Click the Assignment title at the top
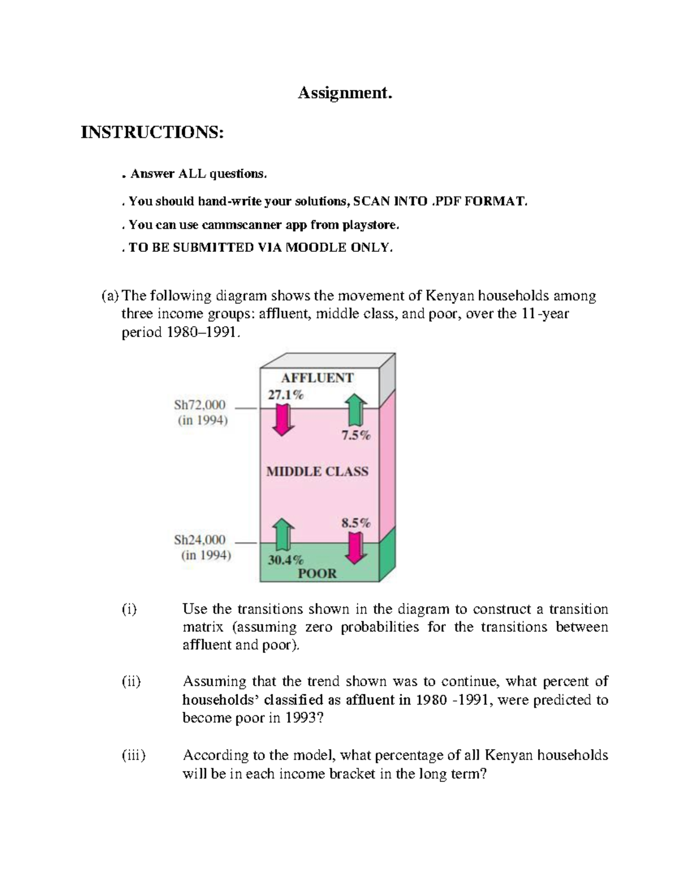coord(344,93)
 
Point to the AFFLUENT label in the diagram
coord(317,378)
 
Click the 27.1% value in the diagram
coord(285,395)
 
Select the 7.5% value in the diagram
coord(356,436)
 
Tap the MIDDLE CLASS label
coord(317,472)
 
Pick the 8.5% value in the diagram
coord(356,523)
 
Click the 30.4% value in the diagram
coord(286,559)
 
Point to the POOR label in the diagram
coord(317,573)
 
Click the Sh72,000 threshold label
coord(200,405)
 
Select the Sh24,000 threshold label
coord(200,540)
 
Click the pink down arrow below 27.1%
coord(283,420)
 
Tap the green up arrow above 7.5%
coord(356,409)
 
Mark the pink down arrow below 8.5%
coord(356,548)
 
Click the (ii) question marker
coord(131,681)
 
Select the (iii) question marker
coord(133,755)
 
